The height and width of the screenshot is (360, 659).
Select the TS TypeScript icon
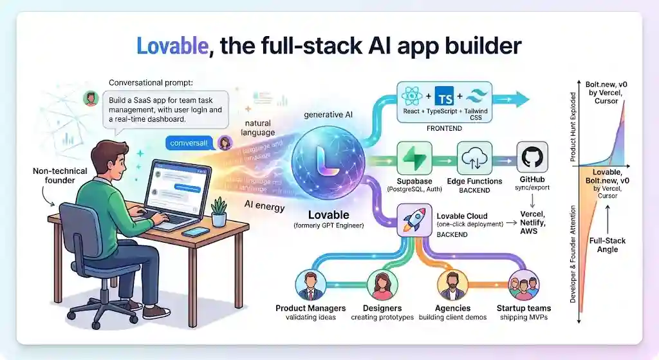point(445,99)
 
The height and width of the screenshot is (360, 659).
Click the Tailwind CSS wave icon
point(478,99)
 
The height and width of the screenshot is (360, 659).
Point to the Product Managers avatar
point(310,284)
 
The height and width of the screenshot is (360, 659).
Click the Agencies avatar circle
point(452,284)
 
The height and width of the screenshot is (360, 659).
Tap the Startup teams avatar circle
point(523,284)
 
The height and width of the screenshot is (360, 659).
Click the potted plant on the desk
point(219,212)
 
